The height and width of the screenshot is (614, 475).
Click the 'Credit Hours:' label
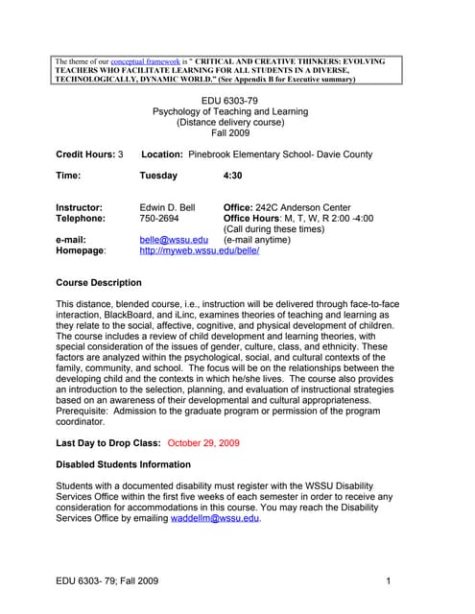point(85,154)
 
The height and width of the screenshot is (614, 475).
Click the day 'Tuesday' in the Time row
point(158,177)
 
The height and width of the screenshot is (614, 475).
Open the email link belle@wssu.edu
point(173,240)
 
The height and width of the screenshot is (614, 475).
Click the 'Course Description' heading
point(99,283)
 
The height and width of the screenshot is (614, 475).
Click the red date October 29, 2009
point(203,443)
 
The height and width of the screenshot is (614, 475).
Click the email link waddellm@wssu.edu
point(215,518)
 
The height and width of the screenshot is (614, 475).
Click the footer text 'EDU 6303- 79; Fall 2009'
point(107,581)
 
